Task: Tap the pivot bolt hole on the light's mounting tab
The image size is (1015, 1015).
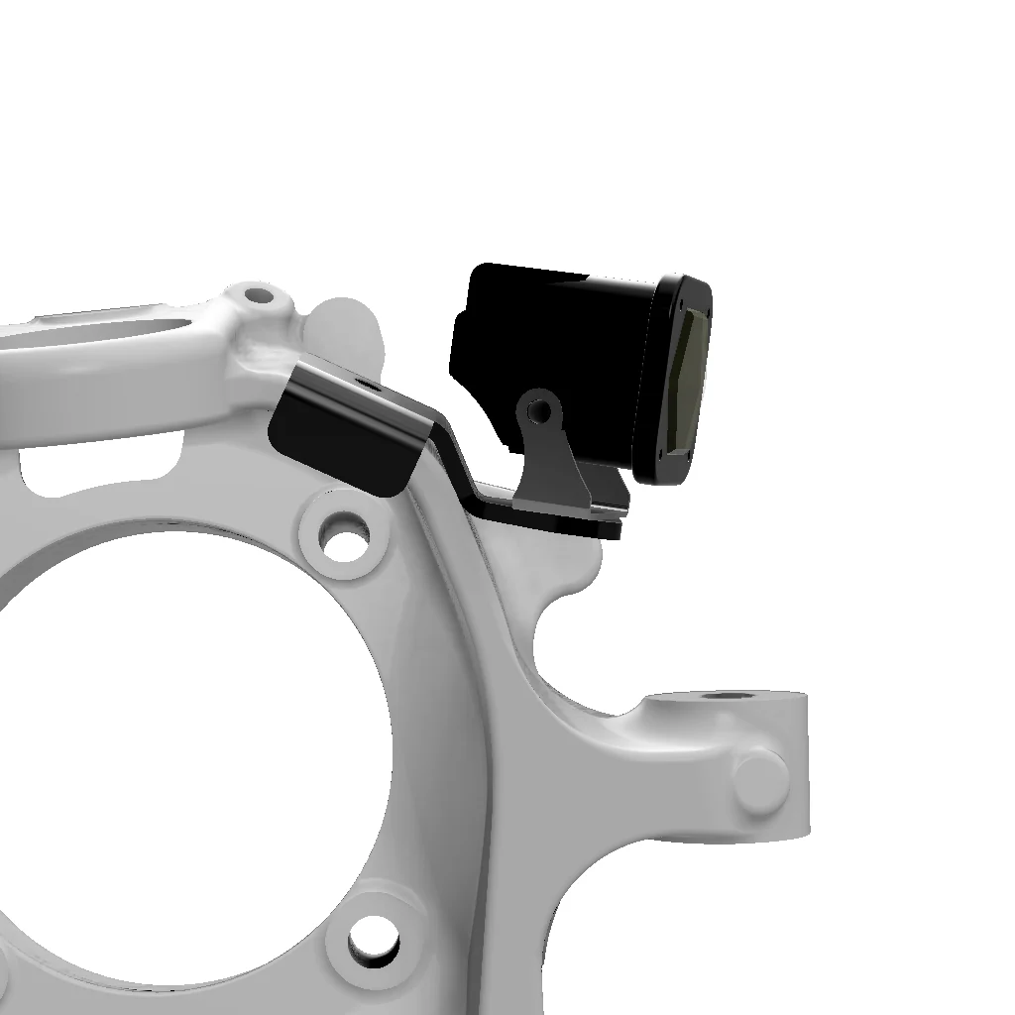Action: click(x=540, y=407)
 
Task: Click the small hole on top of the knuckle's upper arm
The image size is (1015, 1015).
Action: click(x=258, y=294)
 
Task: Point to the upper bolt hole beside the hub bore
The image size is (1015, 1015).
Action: click(x=343, y=535)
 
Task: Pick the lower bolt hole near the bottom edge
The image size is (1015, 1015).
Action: click(x=375, y=935)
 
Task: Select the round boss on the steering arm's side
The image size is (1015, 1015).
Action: click(x=759, y=773)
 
